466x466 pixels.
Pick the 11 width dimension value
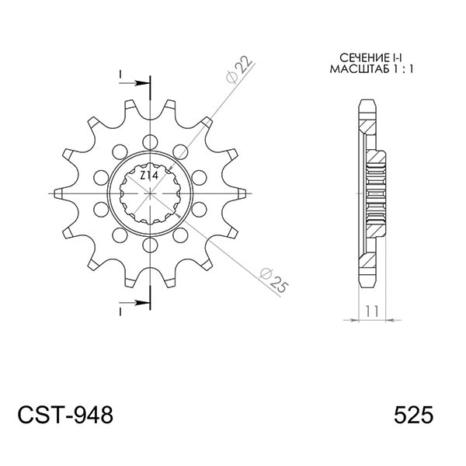tap(372, 311)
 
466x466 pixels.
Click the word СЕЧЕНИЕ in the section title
tap(358, 59)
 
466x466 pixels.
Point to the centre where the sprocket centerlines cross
tap(150, 191)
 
